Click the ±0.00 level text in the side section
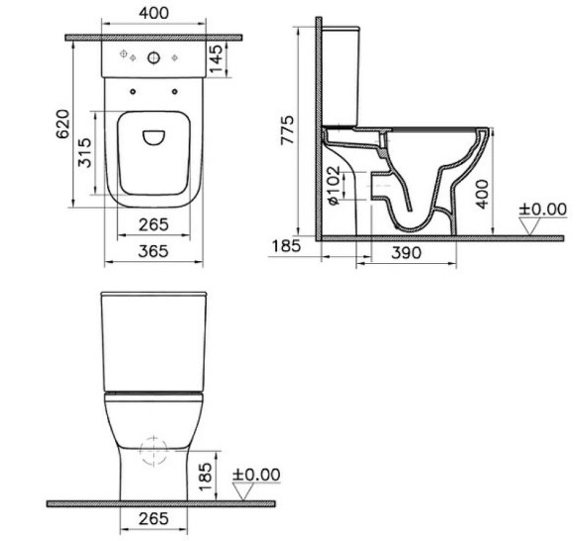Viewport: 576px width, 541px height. tap(542, 209)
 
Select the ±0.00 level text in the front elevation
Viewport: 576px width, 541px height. tap(256, 474)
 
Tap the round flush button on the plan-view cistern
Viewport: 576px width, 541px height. tap(152, 58)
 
